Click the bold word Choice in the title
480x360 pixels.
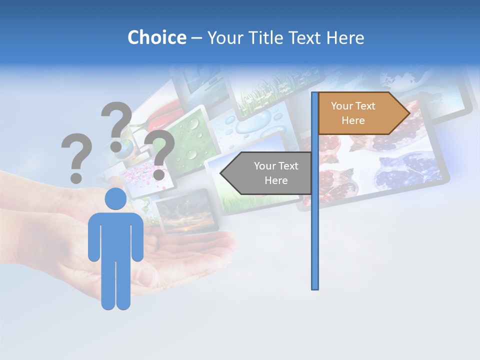[156, 37]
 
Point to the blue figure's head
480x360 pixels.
[115, 198]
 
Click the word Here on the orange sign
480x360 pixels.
[353, 120]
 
